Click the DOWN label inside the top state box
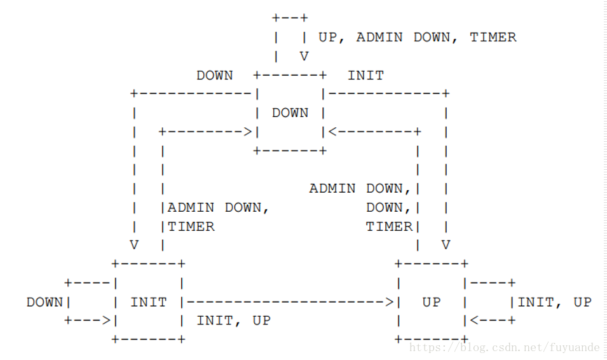click(x=290, y=113)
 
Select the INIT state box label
click(x=148, y=302)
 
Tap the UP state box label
click(x=431, y=302)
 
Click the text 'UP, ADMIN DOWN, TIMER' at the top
click(x=417, y=38)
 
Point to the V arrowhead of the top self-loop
click(x=304, y=57)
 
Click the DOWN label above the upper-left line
click(x=214, y=76)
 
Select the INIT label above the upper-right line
click(x=365, y=76)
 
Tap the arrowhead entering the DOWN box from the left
click(x=248, y=132)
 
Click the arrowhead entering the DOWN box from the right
click(x=332, y=132)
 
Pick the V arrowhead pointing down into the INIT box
click(x=134, y=245)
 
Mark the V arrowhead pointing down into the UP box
click(x=446, y=245)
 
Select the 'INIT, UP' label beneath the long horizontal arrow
click(x=233, y=321)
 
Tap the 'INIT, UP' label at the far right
click(x=554, y=302)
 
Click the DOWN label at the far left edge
click(x=44, y=302)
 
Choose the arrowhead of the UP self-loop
click(x=474, y=321)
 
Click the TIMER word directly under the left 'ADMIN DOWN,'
click(x=191, y=226)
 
